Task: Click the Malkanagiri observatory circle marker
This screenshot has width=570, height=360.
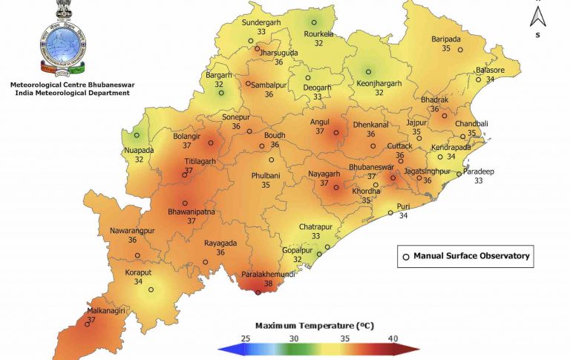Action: (x=88, y=324)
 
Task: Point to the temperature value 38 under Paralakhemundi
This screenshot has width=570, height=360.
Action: (x=269, y=283)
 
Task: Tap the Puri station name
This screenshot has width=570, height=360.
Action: (x=403, y=206)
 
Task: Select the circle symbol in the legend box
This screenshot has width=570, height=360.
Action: (x=406, y=257)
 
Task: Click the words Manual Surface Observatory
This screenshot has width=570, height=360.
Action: (x=471, y=256)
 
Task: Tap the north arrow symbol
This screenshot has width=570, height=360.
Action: (x=540, y=15)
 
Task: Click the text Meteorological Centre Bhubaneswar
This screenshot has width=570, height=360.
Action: (x=71, y=85)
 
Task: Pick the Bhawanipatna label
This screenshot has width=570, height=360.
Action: (x=191, y=212)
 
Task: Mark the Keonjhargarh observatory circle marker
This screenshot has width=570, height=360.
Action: (x=368, y=72)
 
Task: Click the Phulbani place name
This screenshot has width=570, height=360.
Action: (x=265, y=175)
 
